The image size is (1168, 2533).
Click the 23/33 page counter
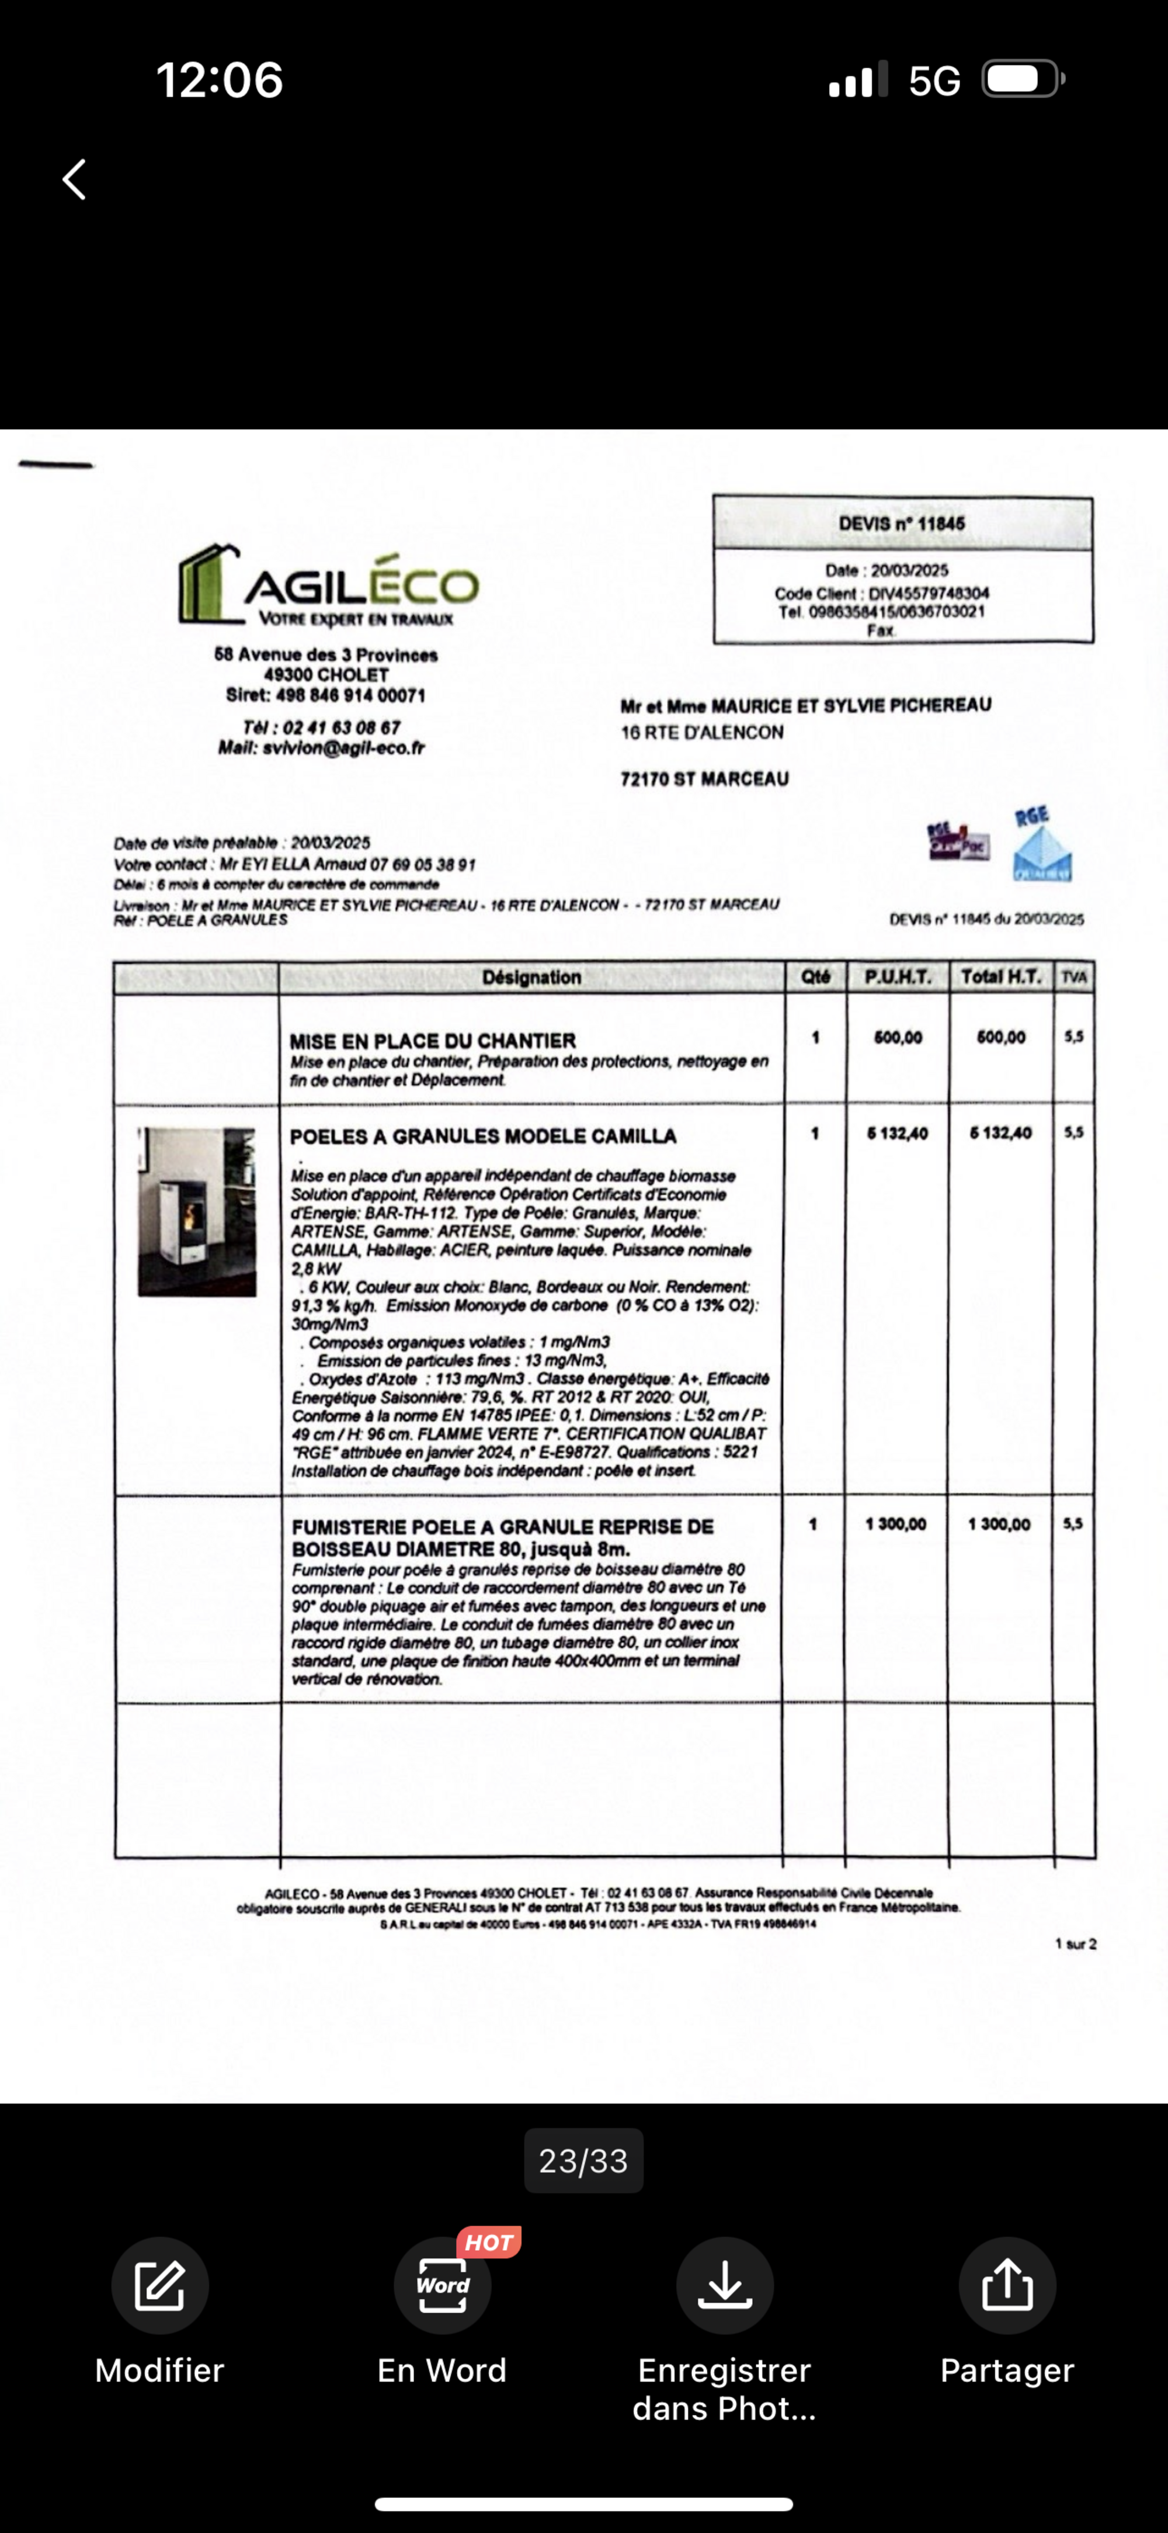pos(583,2160)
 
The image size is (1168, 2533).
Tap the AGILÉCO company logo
pos(328,585)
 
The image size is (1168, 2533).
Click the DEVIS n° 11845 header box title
pos(902,523)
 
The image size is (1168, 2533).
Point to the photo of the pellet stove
pos(197,1211)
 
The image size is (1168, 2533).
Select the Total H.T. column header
pos(1001,976)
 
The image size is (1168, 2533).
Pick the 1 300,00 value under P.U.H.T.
pos(896,1524)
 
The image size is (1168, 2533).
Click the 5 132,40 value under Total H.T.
pos(1001,1133)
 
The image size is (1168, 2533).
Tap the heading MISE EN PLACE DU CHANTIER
pos(433,1040)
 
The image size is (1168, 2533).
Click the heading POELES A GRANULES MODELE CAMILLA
pos(483,1136)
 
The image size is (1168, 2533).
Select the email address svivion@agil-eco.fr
pos(343,749)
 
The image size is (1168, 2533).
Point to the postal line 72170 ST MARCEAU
pos(704,779)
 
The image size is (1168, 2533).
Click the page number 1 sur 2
pos(1076,1944)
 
